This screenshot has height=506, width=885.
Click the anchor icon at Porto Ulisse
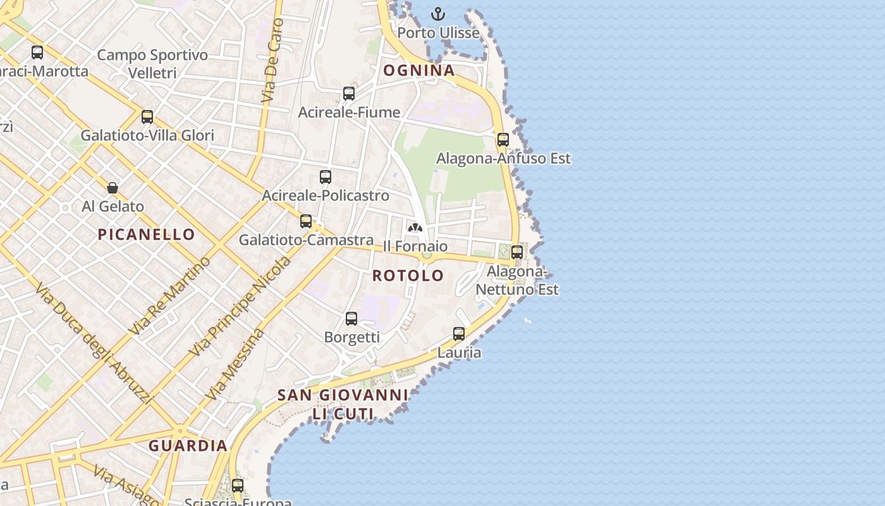(438, 13)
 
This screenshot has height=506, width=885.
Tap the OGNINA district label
(419, 70)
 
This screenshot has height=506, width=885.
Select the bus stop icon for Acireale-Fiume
(349, 94)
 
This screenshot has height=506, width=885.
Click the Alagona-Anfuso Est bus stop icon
(503, 140)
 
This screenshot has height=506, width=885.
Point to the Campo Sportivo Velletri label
(152, 64)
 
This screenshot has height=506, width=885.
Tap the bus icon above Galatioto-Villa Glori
(147, 117)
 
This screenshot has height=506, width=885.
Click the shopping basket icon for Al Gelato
(113, 188)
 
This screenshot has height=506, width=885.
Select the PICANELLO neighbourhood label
(147, 235)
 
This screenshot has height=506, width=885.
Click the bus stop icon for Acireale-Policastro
(326, 177)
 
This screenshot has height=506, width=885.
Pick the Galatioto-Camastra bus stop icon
(306, 221)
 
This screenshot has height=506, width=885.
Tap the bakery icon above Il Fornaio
(415, 228)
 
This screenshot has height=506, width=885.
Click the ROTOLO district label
(408, 276)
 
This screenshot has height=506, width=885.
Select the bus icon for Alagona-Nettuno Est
(517, 252)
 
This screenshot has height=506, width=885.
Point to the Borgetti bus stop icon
(351, 319)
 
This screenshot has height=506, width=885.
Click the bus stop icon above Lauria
(459, 334)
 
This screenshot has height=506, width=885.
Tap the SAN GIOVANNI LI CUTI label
(343, 404)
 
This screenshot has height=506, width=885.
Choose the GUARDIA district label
(188, 446)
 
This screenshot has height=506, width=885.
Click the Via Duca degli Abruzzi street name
(94, 343)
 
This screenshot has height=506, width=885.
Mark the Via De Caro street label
(272, 61)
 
